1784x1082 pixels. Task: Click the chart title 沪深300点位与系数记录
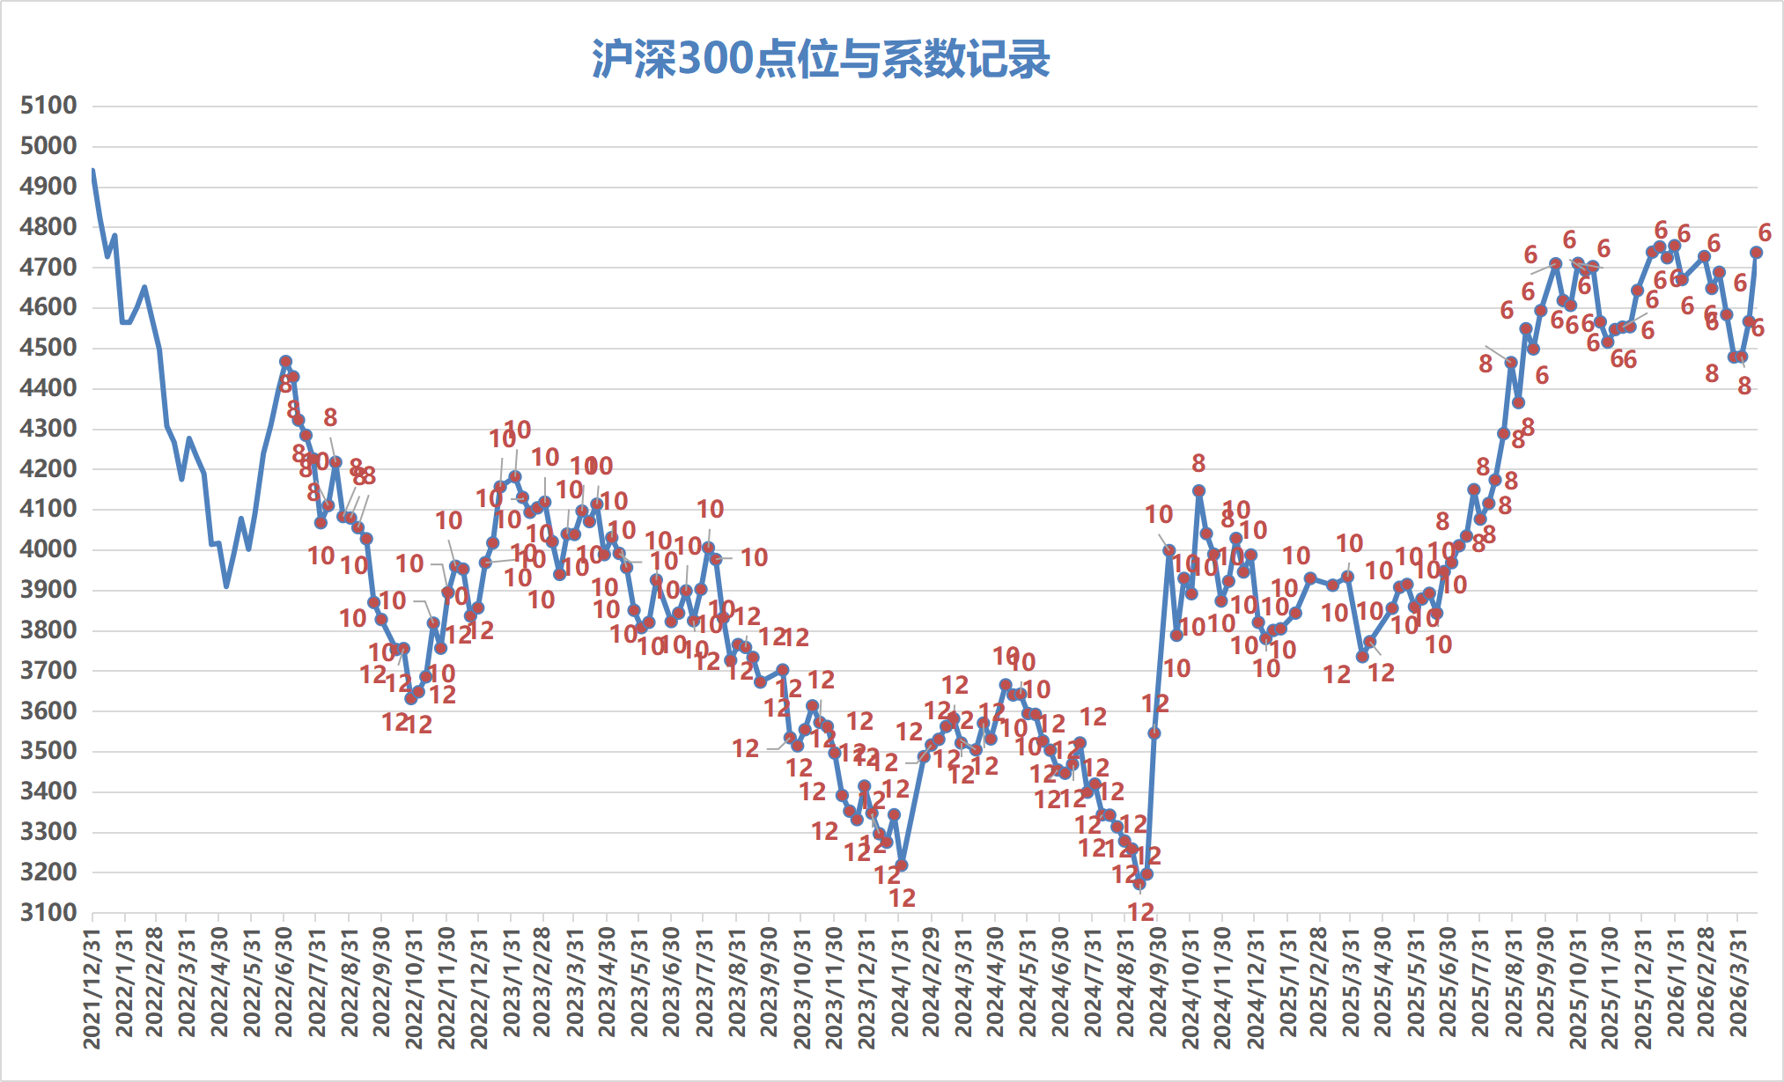coord(821,60)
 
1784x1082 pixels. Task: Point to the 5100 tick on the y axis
coord(48,106)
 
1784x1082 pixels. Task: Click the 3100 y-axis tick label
coord(48,913)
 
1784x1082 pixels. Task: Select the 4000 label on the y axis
coord(48,549)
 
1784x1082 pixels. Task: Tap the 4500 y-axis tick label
coord(48,348)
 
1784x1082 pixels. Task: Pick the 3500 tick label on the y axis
coord(48,751)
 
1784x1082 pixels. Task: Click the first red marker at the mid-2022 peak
coord(285,361)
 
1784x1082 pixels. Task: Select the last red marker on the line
coord(1756,253)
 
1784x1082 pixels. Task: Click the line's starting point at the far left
coord(92,170)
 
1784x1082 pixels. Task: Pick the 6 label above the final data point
coord(1765,232)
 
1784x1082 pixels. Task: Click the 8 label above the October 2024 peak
coord(1198,463)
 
